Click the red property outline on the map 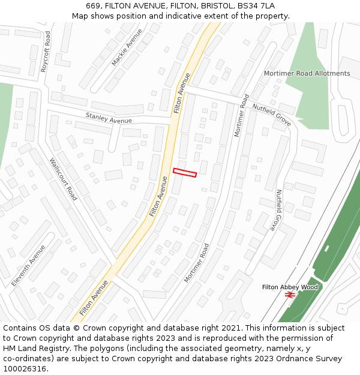[x=185, y=173]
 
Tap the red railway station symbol [x=289, y=295]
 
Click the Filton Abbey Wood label [x=289, y=287]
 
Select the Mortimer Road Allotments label [x=307, y=74]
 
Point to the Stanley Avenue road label [x=108, y=118]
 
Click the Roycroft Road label [x=46, y=52]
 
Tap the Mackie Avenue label [x=127, y=47]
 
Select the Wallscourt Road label [x=63, y=179]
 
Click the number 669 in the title [x=93, y=5]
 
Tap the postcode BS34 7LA [x=256, y=5]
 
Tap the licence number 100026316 [x=25, y=369]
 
